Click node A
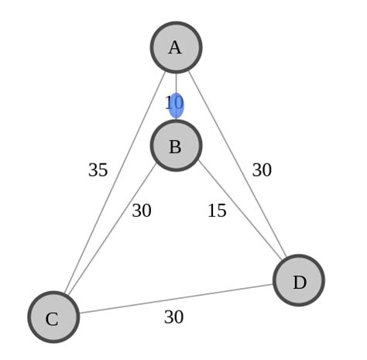coord(176,47)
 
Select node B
coord(176,146)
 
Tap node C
coord(53,317)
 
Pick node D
coord(299,280)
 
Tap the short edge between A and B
coord(177,85)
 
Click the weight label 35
coord(98,170)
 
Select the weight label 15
coord(217,211)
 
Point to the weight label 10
coord(173,103)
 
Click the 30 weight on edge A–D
coord(262,170)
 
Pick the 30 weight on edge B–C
coord(142,211)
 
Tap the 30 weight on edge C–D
coord(173,317)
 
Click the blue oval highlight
coord(177,105)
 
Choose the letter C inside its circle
coord(52,319)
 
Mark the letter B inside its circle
coord(175,147)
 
